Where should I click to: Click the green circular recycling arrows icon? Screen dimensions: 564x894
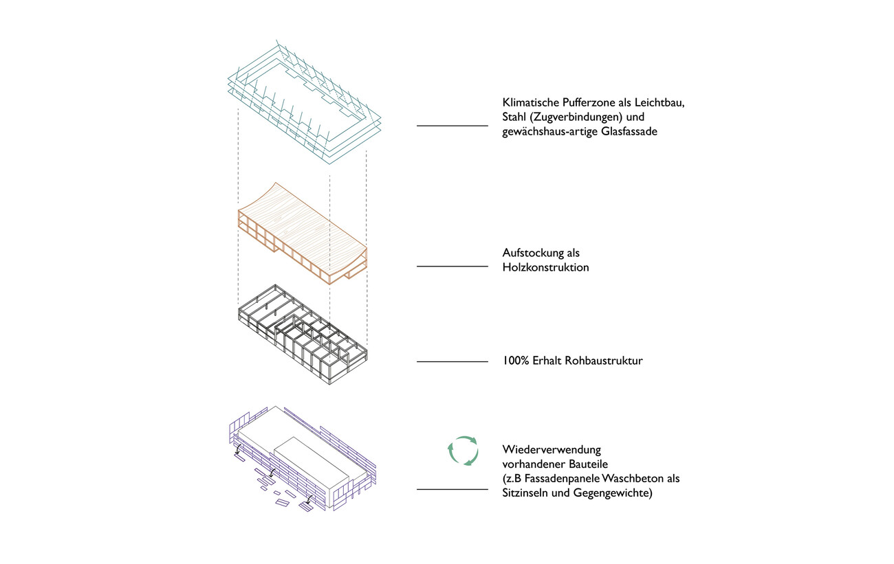click(x=462, y=451)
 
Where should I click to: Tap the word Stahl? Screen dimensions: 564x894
click(x=516, y=117)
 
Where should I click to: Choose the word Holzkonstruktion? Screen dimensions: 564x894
click(x=545, y=268)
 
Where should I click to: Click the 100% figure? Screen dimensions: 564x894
click(x=516, y=360)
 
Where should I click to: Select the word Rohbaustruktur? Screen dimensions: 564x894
click(x=602, y=360)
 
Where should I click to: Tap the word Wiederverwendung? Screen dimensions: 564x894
click(x=552, y=450)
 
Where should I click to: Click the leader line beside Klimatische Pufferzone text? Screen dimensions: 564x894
click(x=452, y=126)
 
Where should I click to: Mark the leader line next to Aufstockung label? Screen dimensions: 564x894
click(x=452, y=267)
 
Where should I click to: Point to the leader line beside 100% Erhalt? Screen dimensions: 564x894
click(x=452, y=361)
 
